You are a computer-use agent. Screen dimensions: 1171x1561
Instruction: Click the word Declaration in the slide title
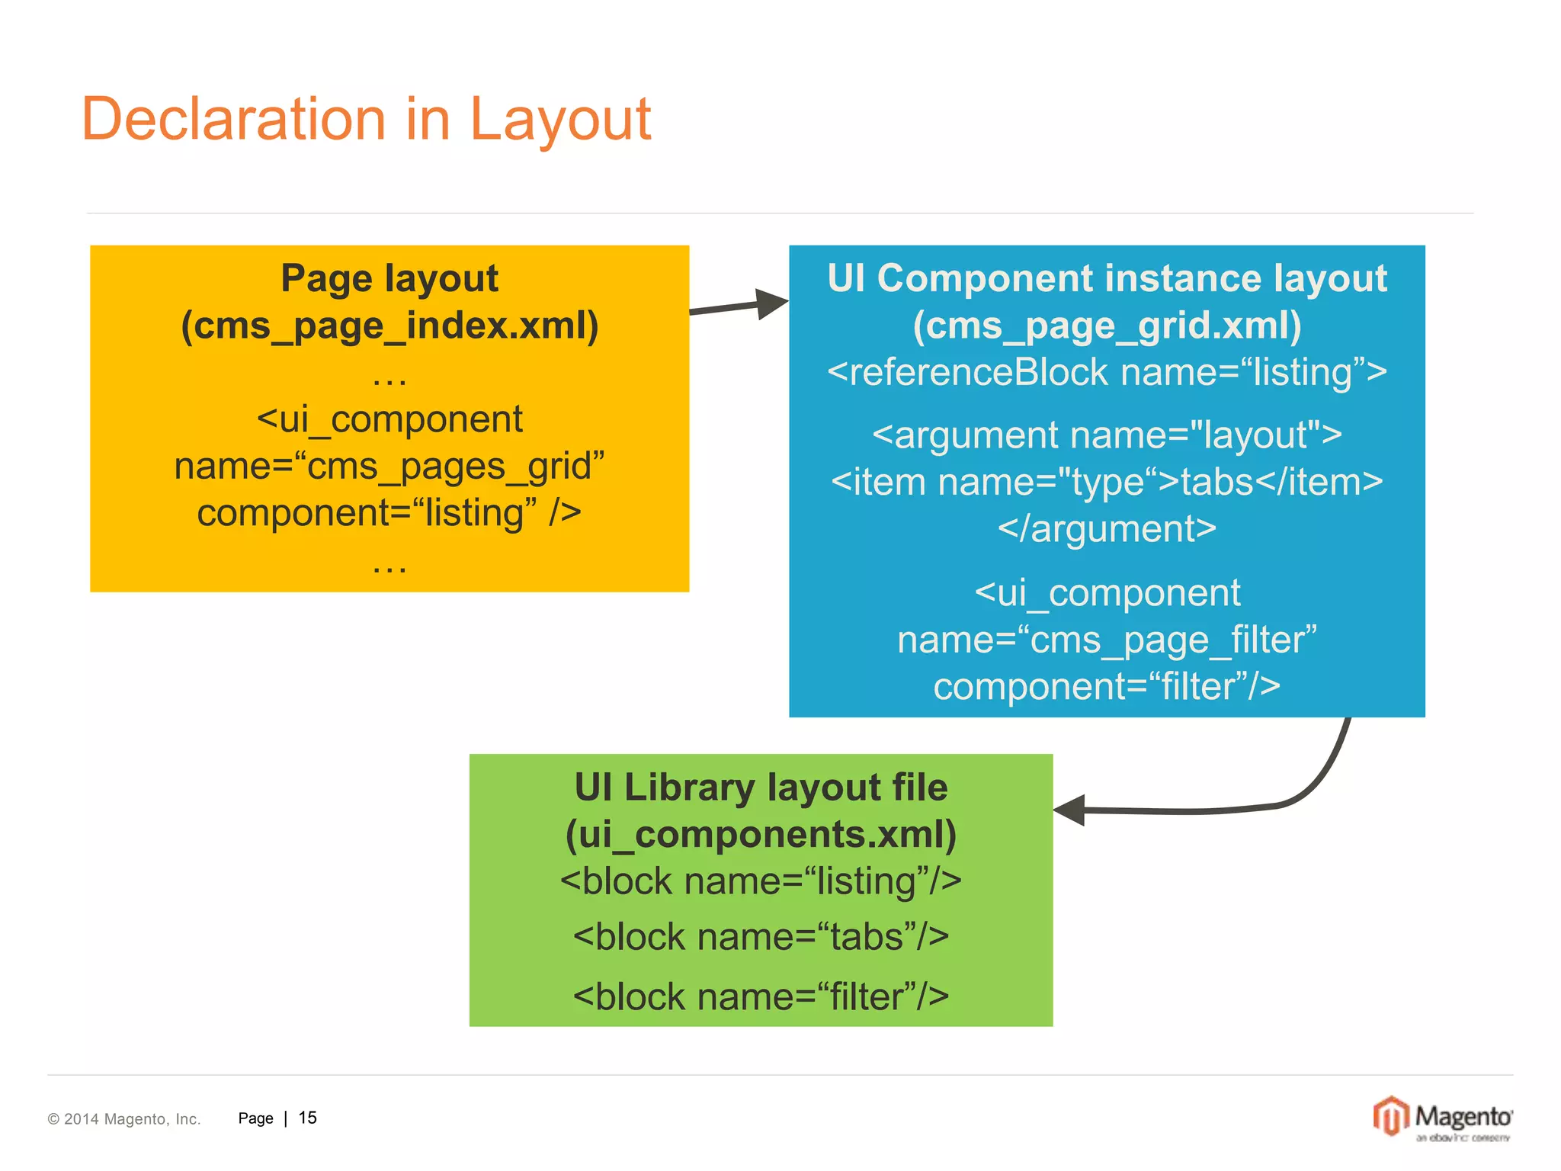click(x=233, y=120)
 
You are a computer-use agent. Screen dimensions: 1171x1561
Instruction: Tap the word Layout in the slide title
click(x=560, y=120)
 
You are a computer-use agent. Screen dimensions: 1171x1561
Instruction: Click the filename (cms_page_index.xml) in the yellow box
click(x=389, y=326)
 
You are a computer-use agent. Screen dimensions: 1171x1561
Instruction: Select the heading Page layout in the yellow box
click(x=389, y=278)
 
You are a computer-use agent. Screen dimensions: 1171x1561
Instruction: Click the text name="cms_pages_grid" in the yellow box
click(x=389, y=466)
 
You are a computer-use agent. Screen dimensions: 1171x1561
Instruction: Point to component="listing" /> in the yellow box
click(x=389, y=513)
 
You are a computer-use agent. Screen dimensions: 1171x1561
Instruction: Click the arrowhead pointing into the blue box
click(x=771, y=304)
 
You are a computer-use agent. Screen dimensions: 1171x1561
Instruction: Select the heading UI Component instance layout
click(x=1107, y=278)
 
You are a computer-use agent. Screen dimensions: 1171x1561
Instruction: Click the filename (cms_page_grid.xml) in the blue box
click(x=1107, y=326)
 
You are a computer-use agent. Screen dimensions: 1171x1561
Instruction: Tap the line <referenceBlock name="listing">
click(x=1107, y=373)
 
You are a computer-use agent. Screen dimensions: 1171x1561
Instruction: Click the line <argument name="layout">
click(x=1107, y=435)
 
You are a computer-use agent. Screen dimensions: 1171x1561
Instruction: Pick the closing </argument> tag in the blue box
click(x=1107, y=529)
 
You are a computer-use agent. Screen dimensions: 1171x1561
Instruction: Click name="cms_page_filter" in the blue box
click(x=1107, y=640)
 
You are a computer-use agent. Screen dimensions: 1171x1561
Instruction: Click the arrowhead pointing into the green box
click(x=1070, y=810)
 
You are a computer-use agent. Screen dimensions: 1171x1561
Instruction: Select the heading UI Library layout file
click(x=761, y=788)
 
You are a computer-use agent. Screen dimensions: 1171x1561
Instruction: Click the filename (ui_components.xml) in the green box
click(x=761, y=834)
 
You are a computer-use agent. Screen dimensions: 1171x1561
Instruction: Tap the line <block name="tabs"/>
click(x=761, y=937)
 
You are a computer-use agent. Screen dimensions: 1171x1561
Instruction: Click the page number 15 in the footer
click(x=307, y=1118)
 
